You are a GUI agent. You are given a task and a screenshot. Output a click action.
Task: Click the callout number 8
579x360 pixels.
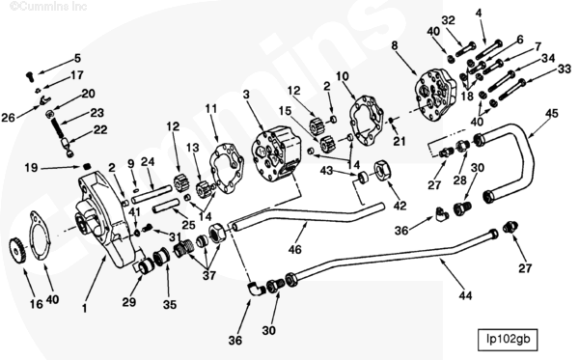click(x=395, y=45)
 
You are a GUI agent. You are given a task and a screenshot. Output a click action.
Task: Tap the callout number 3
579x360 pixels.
click(x=246, y=94)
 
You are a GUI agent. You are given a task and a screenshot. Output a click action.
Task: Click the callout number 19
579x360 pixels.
click(x=31, y=167)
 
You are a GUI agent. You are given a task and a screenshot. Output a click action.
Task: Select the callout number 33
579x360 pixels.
click(x=564, y=68)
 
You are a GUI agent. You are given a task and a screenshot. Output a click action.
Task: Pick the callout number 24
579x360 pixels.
click(x=148, y=161)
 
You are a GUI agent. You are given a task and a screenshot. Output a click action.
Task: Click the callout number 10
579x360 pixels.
click(x=343, y=76)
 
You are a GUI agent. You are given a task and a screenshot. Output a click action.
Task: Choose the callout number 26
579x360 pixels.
click(x=9, y=118)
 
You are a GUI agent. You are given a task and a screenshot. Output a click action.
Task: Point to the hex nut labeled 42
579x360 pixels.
click(x=379, y=171)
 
